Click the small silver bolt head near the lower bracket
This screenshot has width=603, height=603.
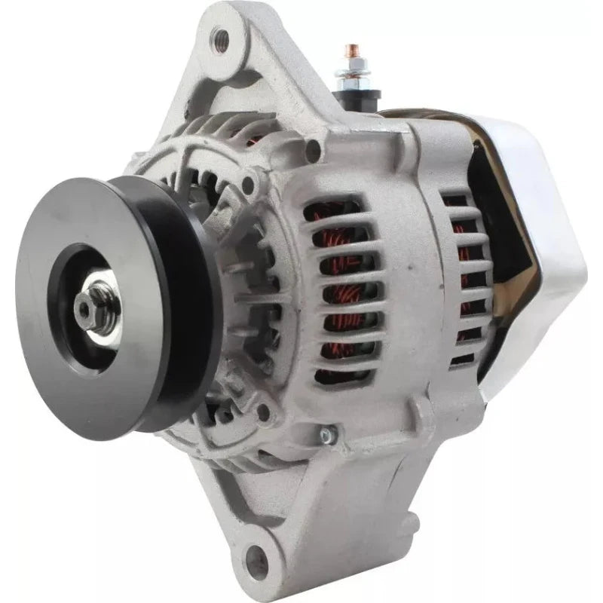[x=326, y=435]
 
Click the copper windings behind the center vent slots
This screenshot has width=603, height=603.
[x=339, y=286]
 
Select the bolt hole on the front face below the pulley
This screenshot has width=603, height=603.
[x=263, y=411]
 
